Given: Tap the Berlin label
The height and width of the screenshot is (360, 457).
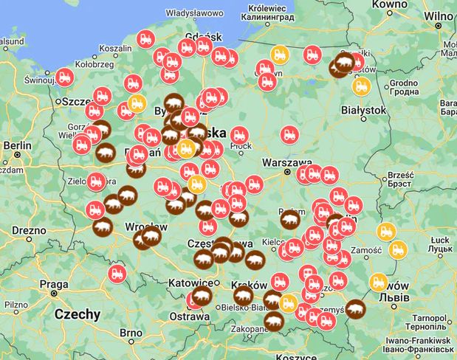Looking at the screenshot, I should pyautogui.click(x=17, y=145).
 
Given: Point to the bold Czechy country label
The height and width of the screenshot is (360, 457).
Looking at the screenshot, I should pyautogui.click(x=77, y=314).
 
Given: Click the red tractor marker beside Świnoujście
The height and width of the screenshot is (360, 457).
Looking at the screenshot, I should pyautogui.click(x=64, y=76).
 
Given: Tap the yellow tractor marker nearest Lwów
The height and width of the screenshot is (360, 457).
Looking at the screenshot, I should pyautogui.click(x=379, y=281).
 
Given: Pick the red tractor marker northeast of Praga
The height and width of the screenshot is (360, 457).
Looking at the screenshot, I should pyautogui.click(x=116, y=274).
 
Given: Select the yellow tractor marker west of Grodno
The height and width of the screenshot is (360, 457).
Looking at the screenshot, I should pyautogui.click(x=361, y=86).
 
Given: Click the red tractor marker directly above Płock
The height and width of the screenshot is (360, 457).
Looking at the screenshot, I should pyautogui.click(x=238, y=135).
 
